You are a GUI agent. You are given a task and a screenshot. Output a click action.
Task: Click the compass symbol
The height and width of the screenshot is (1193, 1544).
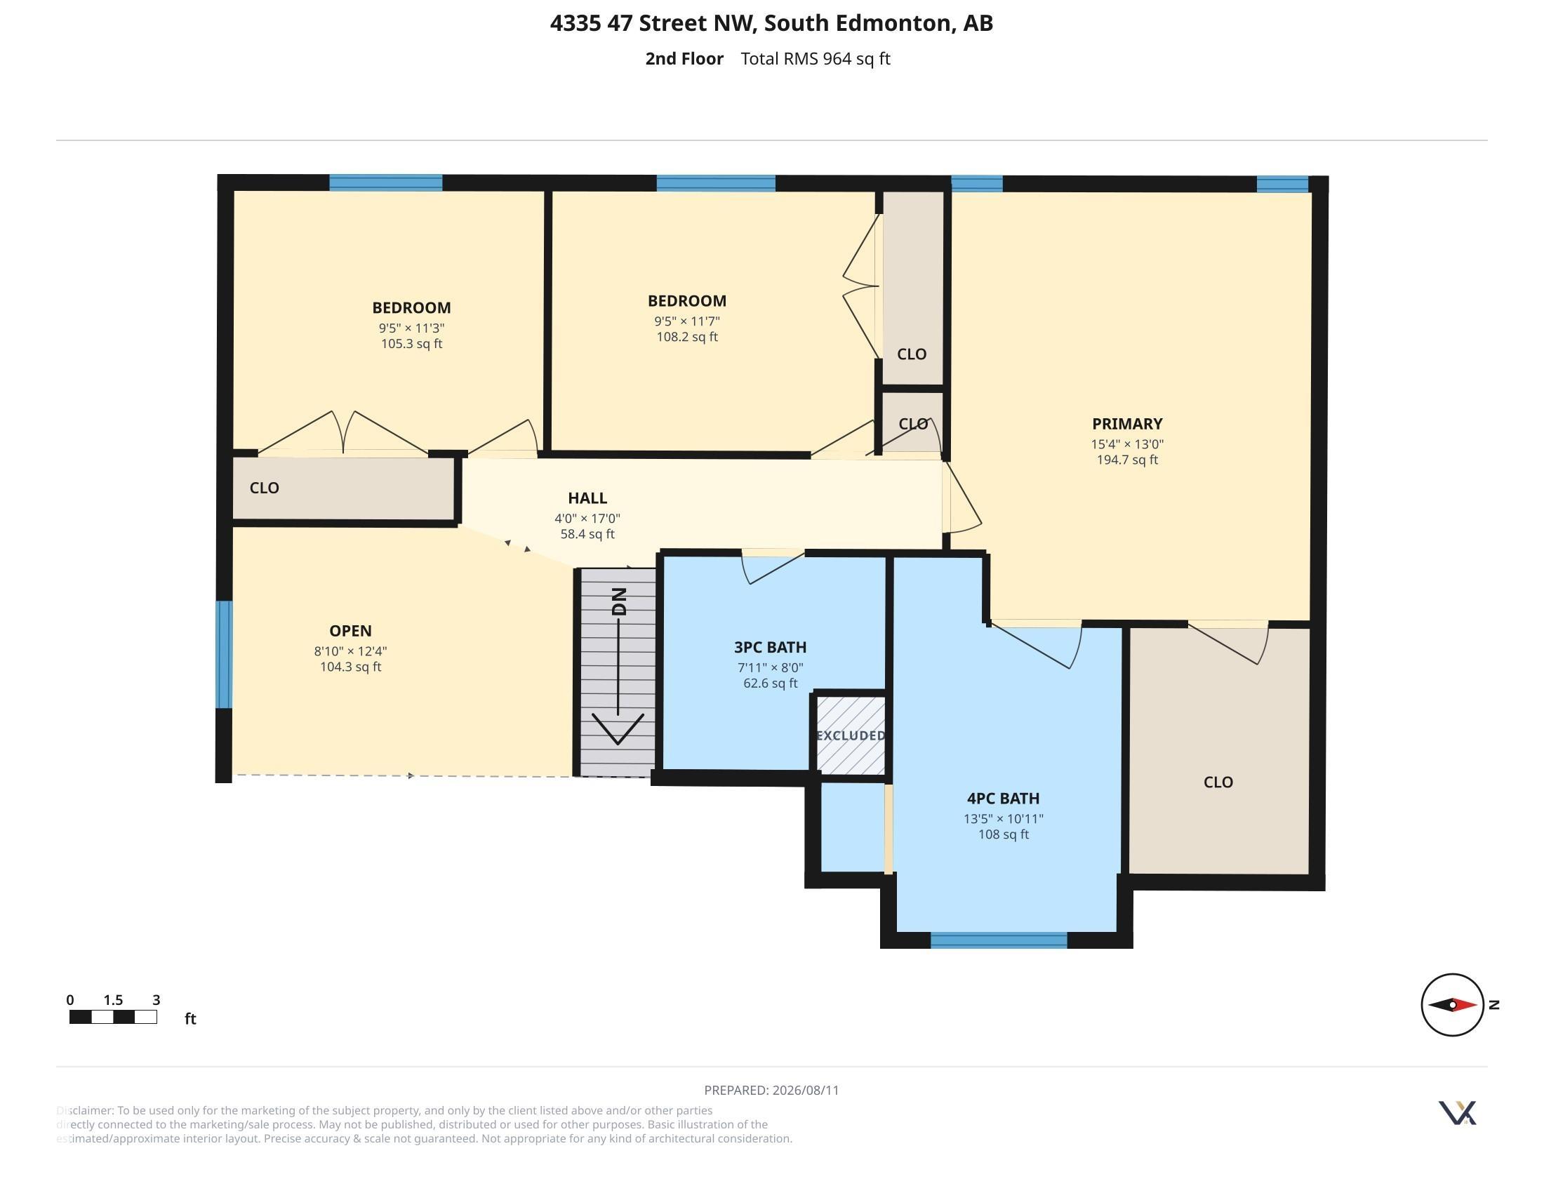(x=1452, y=1004)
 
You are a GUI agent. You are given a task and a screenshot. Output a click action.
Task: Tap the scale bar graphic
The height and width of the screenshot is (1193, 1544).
(x=113, y=1017)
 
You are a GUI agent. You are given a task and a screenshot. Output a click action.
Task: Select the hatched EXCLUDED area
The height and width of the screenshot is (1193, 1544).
(x=851, y=735)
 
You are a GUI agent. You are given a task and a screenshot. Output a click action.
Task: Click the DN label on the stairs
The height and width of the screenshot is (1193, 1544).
(x=619, y=601)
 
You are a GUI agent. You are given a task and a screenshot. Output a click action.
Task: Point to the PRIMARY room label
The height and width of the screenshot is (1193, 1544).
(x=1127, y=424)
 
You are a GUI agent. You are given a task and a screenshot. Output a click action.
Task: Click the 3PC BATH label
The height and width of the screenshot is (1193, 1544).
(x=770, y=648)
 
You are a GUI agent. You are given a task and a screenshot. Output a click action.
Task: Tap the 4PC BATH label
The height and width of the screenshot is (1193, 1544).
(x=1003, y=799)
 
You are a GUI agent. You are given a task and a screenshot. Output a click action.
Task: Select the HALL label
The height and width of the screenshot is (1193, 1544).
(x=587, y=498)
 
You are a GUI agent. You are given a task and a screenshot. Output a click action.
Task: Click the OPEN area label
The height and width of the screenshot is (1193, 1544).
(x=351, y=631)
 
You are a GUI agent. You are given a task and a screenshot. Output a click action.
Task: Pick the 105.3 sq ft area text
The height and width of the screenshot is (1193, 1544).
(x=411, y=344)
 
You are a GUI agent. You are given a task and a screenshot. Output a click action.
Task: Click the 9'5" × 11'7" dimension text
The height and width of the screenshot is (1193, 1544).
(x=687, y=321)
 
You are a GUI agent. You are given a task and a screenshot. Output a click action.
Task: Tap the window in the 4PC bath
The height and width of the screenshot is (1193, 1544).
(x=998, y=940)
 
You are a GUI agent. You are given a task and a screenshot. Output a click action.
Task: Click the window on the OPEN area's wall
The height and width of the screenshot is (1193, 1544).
(x=224, y=655)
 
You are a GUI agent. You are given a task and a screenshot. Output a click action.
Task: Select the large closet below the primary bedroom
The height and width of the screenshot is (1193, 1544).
(x=1219, y=751)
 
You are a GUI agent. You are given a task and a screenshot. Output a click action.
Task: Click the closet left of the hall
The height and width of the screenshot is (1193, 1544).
(x=344, y=488)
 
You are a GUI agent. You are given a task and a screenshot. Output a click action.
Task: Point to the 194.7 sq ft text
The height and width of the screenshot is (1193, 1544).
(x=1127, y=460)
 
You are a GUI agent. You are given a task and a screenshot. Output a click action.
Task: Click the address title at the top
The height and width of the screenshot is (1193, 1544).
(x=772, y=23)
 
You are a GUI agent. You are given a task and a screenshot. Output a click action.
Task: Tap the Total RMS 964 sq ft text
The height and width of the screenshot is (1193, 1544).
(x=815, y=59)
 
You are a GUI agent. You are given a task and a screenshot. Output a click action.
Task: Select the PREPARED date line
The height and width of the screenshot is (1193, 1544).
(x=771, y=1090)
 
